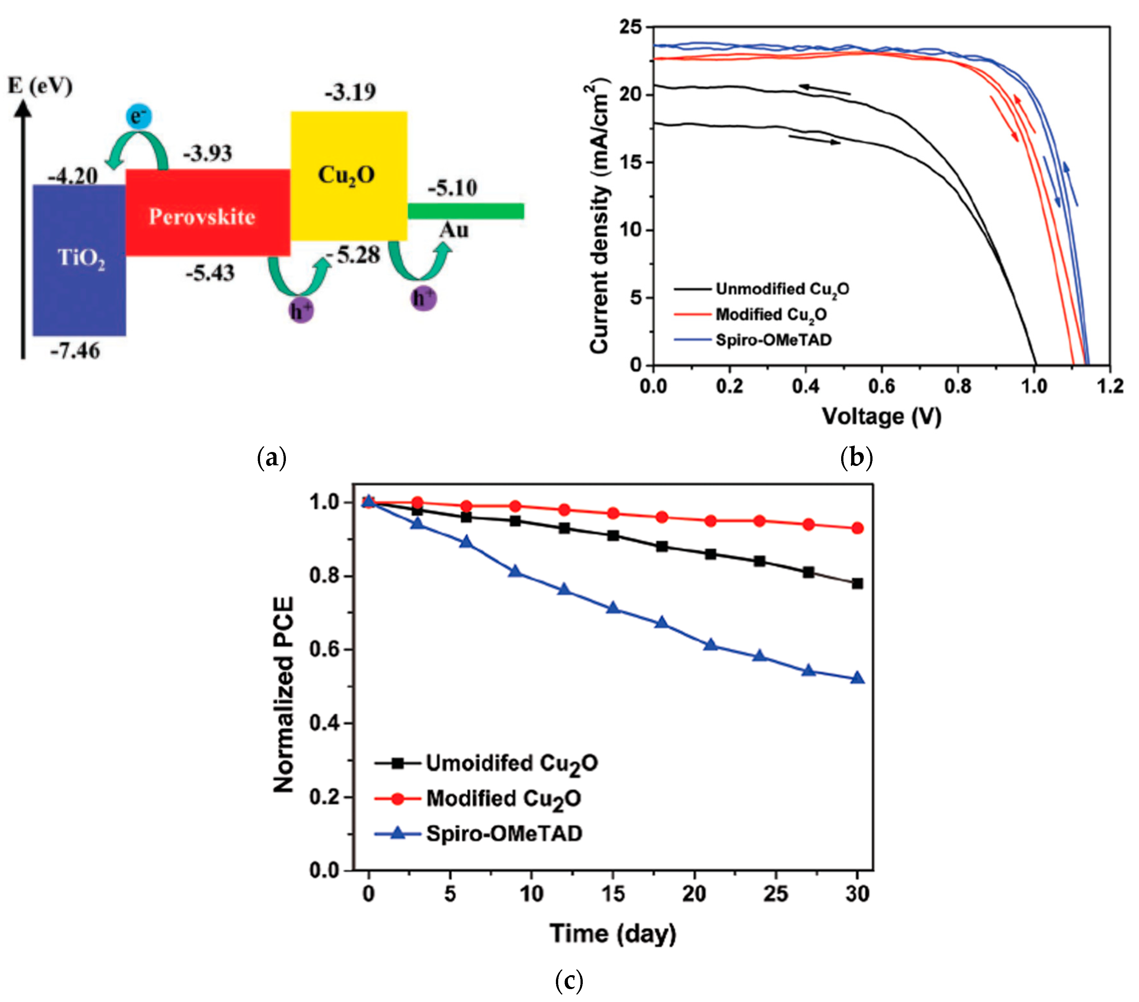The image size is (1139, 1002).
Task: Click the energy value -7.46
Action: tap(75, 351)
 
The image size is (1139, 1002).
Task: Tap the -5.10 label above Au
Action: tap(452, 188)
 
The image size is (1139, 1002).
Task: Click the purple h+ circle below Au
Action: tap(424, 298)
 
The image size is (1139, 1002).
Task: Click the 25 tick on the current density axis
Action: tap(631, 27)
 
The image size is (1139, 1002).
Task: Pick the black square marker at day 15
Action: tap(613, 535)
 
